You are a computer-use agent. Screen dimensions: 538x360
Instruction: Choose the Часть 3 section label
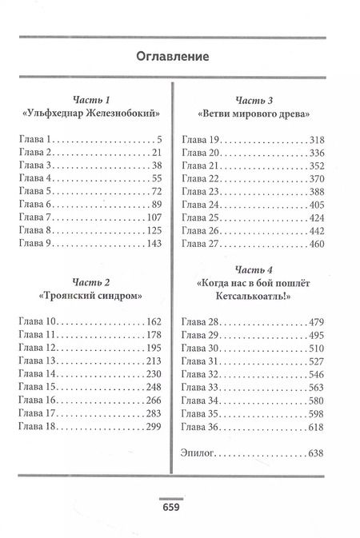254,100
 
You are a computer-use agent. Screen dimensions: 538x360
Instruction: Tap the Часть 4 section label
254,268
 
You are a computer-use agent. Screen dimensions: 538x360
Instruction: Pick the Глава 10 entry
37,322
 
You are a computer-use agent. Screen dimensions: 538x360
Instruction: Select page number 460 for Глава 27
314,244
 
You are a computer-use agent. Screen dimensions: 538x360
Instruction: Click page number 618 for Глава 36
314,427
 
